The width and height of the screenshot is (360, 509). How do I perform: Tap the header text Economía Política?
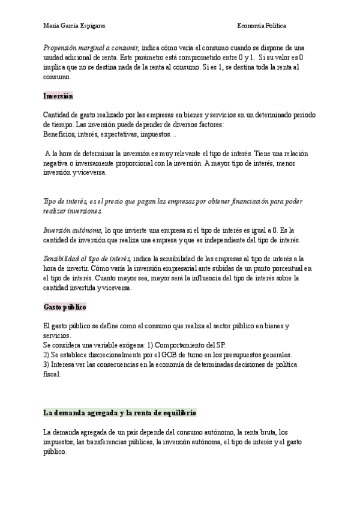click(262, 26)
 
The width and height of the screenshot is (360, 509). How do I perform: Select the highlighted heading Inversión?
click(58, 96)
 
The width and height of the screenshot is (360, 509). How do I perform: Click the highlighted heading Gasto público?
click(65, 307)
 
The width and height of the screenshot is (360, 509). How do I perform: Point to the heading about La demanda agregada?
click(119, 414)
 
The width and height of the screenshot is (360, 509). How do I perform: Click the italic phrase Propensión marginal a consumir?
click(91, 48)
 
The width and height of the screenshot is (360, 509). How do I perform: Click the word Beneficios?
click(58, 134)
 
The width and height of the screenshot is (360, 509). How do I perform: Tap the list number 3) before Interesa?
click(47, 366)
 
